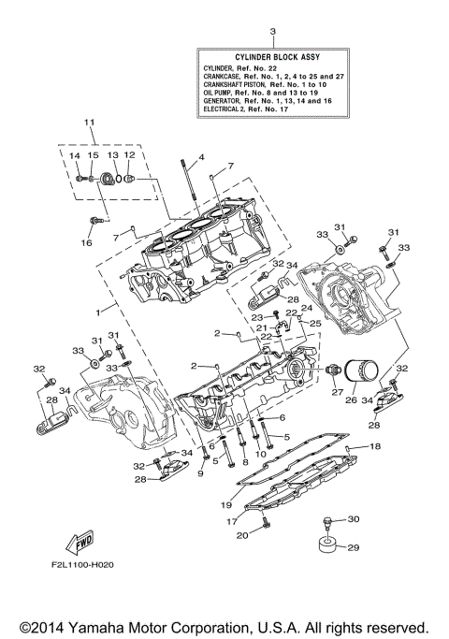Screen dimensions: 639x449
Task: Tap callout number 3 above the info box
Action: (x=272, y=33)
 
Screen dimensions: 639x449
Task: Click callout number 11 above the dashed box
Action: (x=90, y=123)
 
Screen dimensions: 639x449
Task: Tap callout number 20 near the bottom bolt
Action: (x=242, y=536)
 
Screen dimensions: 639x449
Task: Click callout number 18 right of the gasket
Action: (x=376, y=448)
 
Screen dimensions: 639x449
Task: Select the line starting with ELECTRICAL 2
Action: (x=261, y=110)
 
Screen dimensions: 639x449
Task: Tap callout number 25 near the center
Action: (x=315, y=323)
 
